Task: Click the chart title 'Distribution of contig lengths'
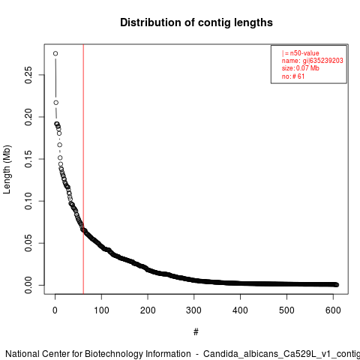point(196,22)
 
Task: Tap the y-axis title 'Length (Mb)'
point(7,169)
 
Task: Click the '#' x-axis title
point(196,332)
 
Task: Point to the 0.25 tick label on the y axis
point(28,75)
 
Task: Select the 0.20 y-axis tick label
point(28,117)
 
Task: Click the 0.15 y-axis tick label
point(28,159)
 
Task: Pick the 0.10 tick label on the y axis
point(28,201)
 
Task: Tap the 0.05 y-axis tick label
point(28,243)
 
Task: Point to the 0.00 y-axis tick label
point(28,285)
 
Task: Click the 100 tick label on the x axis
point(101,310)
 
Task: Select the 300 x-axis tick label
point(194,310)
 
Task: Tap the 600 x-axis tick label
point(333,310)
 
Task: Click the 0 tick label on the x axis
point(55,310)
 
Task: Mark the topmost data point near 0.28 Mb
point(55,53)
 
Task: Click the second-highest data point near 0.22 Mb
point(56,103)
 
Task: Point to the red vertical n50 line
point(83,169)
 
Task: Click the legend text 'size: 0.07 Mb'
point(301,68)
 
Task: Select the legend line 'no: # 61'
point(293,76)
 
